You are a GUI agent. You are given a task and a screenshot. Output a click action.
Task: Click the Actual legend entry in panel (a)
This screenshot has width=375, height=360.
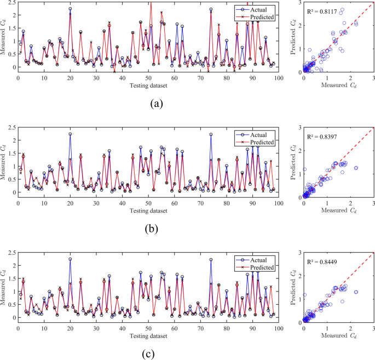coord(259,10)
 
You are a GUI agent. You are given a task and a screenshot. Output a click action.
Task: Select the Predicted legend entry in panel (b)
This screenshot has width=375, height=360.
coord(262,142)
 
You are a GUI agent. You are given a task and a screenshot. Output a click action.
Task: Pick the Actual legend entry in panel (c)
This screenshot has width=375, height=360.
coord(259,259)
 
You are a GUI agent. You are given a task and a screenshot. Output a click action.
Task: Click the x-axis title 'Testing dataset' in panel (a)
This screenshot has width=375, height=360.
coord(148,85)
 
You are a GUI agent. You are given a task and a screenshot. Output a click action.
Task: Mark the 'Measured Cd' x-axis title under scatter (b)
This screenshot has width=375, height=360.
coord(338,209)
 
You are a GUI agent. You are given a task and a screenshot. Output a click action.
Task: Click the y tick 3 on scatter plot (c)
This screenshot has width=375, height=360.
coord(299,252)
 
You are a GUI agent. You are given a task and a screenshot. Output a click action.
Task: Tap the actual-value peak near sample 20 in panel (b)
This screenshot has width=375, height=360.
coord(70,134)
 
